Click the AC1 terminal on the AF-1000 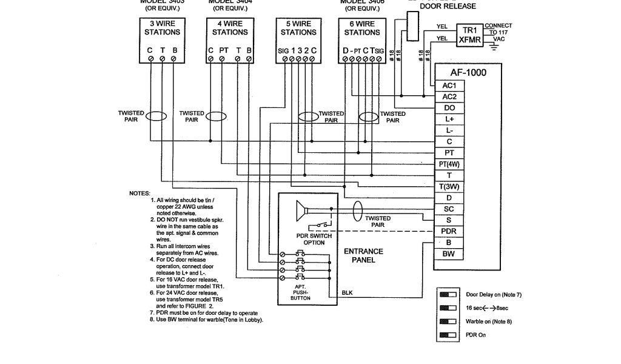click(449, 86)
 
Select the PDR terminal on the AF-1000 click(449, 231)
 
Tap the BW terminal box click(449, 254)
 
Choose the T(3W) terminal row click(449, 186)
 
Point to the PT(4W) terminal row click(449, 164)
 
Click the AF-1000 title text click(468, 72)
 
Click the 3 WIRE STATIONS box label click(163, 28)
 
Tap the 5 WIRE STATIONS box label click(298, 28)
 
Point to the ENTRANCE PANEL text click(363, 255)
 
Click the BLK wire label click(347, 293)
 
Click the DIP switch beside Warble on click(448, 321)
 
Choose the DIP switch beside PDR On click(448, 335)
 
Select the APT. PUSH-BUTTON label click(300, 293)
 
